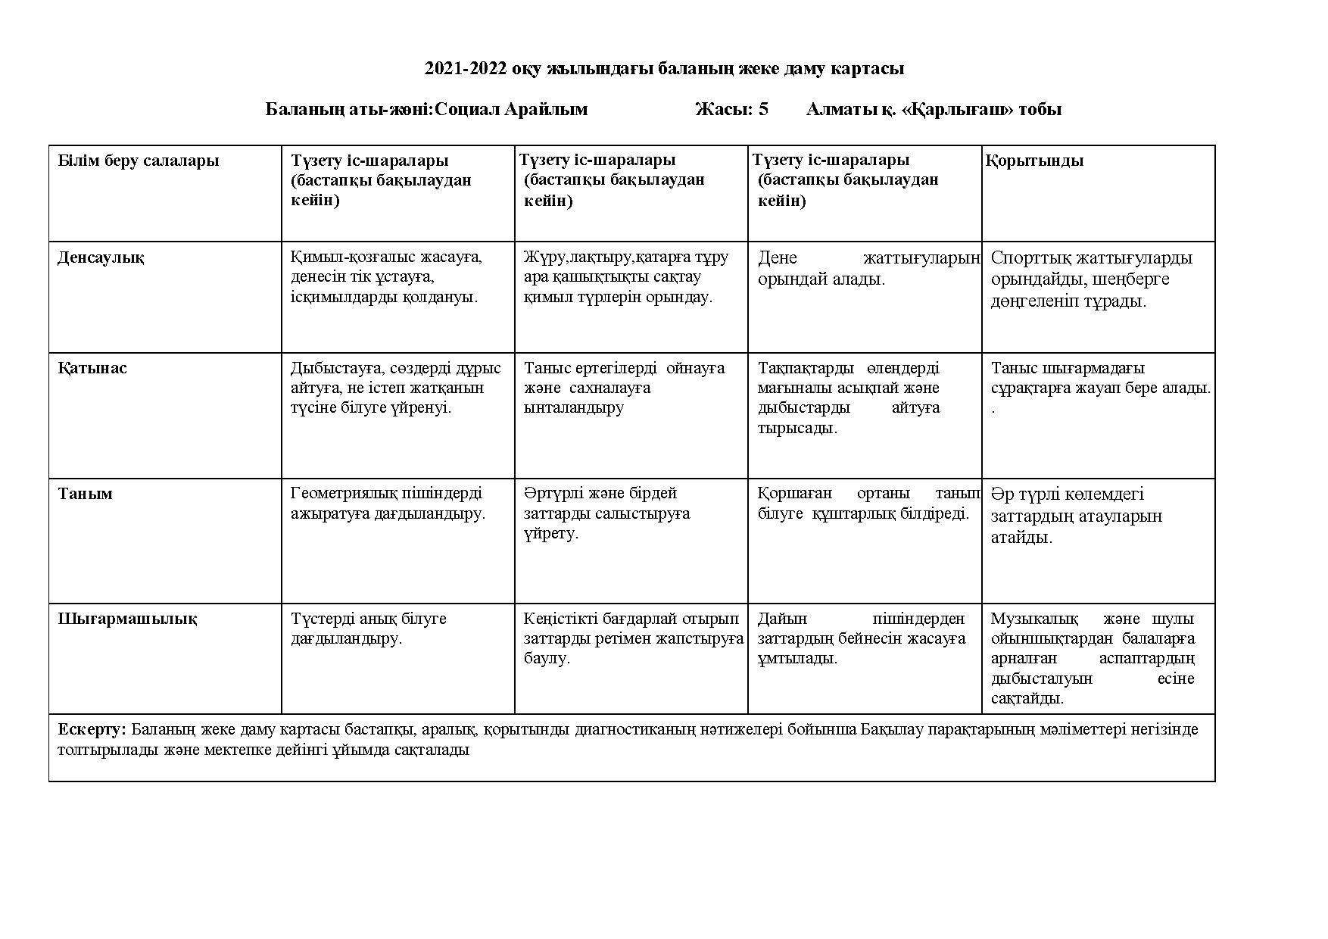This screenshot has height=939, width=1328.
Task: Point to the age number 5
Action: (763, 110)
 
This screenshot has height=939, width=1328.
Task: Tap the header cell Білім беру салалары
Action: (139, 161)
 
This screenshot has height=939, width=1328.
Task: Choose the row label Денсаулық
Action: (101, 257)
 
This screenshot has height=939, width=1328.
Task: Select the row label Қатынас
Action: (92, 369)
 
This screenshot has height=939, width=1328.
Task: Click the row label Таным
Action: (86, 494)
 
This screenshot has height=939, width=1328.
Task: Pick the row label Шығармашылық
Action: (128, 619)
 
